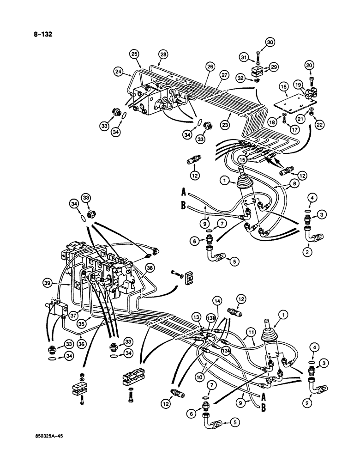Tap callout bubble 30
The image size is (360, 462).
point(270,43)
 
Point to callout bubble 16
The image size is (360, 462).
point(283,86)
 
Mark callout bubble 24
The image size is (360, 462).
point(119,72)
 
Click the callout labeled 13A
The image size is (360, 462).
point(226,338)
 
